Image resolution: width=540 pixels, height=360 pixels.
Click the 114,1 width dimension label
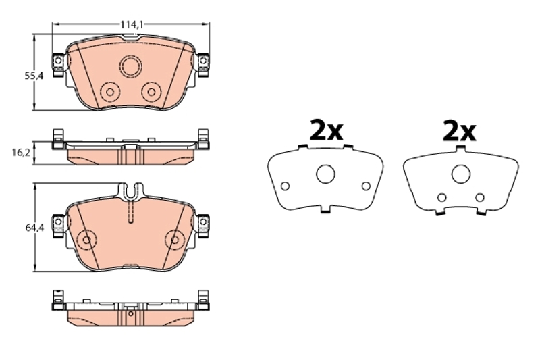132,24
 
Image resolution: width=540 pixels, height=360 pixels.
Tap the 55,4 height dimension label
34,76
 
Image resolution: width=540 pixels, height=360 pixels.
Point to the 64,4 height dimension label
34,228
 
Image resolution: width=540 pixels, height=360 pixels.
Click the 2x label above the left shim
326,130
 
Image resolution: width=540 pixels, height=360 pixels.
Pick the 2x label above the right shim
459,130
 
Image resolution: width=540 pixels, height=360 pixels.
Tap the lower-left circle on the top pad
110,92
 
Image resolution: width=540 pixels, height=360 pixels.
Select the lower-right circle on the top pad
151,92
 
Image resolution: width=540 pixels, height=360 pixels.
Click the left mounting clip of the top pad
58,64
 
